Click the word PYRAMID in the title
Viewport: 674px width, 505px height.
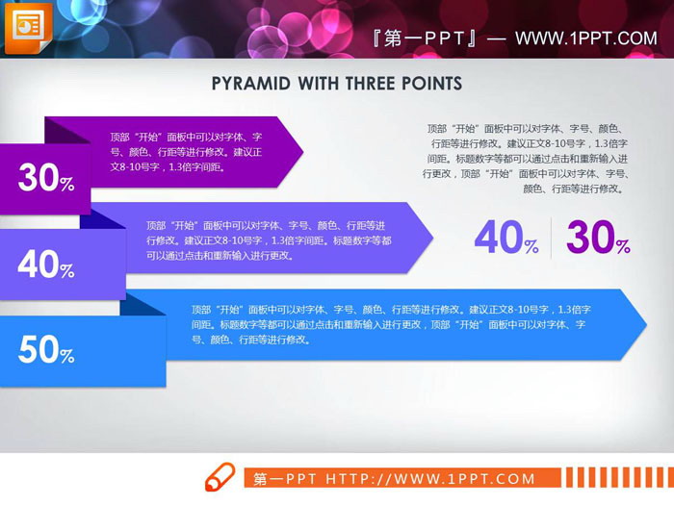click(x=248, y=84)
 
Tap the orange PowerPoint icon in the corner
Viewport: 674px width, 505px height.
click(x=29, y=28)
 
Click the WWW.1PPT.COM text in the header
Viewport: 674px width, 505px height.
click(x=585, y=38)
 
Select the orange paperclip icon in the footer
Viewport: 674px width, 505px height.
click(x=220, y=477)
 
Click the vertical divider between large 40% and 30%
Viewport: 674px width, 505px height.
click(x=551, y=238)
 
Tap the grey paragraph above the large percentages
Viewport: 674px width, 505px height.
click(x=526, y=158)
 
